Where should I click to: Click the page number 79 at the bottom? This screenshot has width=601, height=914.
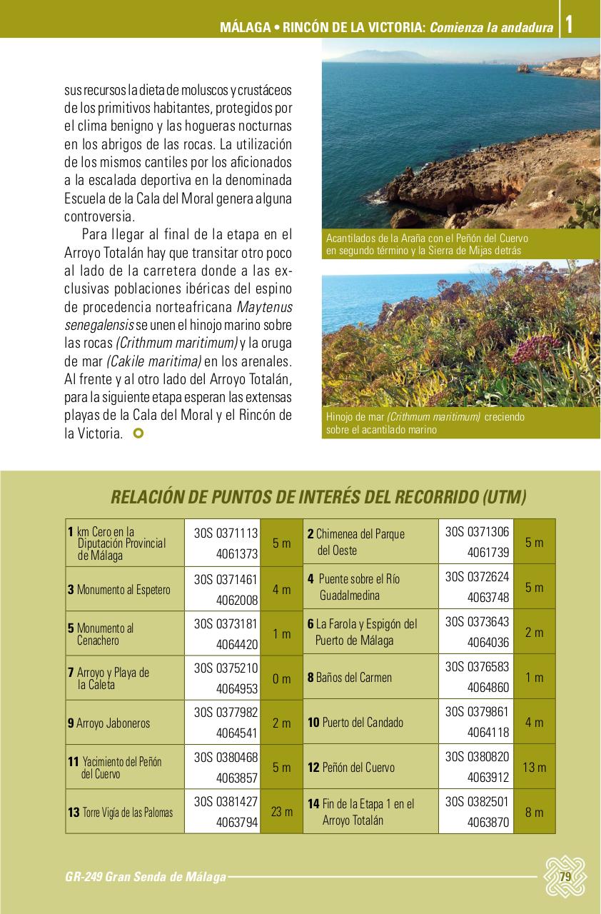[x=565, y=877]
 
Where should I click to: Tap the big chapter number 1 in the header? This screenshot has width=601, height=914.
[x=569, y=25]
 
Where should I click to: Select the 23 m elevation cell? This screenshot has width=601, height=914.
[x=282, y=812]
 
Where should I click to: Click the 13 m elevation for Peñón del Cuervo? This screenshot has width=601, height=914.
[x=534, y=768]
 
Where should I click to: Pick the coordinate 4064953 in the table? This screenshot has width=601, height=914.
[x=237, y=688]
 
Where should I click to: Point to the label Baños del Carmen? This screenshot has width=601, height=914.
[x=350, y=677]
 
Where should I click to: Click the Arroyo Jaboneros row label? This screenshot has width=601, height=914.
[x=109, y=723]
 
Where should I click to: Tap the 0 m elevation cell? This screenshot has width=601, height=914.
[x=282, y=679]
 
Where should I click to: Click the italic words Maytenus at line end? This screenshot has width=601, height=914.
[x=264, y=308]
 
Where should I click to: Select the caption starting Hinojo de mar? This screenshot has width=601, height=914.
[x=425, y=423]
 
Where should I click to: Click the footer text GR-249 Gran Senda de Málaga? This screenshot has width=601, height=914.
[x=145, y=877]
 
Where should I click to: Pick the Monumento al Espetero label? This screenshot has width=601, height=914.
[x=119, y=590]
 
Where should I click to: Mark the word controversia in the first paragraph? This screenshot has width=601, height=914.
[x=98, y=216]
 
